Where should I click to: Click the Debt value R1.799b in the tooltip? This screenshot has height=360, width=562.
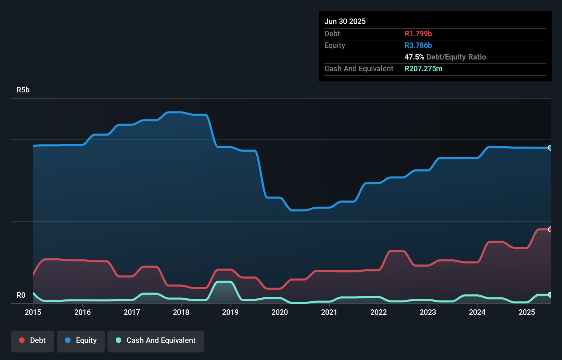tap(418, 34)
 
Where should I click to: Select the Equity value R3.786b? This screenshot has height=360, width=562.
tap(418, 45)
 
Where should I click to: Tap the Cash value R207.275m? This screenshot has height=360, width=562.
tap(423, 68)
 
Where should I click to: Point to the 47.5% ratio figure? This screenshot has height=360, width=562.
tap(414, 57)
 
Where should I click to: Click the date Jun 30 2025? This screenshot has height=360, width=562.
tap(345, 21)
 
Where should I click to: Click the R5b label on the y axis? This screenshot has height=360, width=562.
tap(23, 90)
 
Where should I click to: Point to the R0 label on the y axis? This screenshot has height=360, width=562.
tap(21, 295)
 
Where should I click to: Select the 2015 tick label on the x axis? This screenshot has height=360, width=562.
tap(33, 312)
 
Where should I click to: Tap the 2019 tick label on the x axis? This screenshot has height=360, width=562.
tap(230, 312)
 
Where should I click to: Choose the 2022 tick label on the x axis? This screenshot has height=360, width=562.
tap(379, 312)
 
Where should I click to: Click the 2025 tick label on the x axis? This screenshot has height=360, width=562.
tap(527, 312)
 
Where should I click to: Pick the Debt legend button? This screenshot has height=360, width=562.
tap(33, 340)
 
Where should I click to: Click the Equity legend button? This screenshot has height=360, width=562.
tap(81, 340)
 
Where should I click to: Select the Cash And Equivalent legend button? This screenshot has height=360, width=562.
tap(156, 340)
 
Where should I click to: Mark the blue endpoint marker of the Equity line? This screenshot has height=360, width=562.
tap(550, 148)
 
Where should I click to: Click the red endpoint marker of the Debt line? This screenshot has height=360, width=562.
tap(550, 229)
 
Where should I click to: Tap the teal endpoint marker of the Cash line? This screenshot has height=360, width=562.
tap(550, 295)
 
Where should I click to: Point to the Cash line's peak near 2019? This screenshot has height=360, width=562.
tap(224, 282)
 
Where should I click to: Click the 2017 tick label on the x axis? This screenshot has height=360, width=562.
tap(132, 312)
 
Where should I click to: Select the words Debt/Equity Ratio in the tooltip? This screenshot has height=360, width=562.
tap(456, 57)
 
